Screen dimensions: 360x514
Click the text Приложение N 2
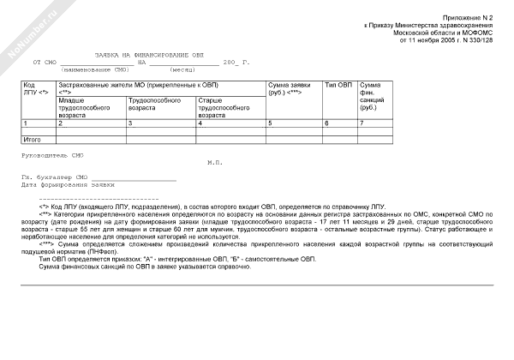click(468, 17)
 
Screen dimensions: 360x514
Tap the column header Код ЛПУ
click(34, 89)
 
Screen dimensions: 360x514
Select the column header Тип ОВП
click(338, 86)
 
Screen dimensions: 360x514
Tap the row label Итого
click(33, 138)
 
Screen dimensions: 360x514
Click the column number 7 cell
click(362, 123)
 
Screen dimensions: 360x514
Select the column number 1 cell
click(27, 123)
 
